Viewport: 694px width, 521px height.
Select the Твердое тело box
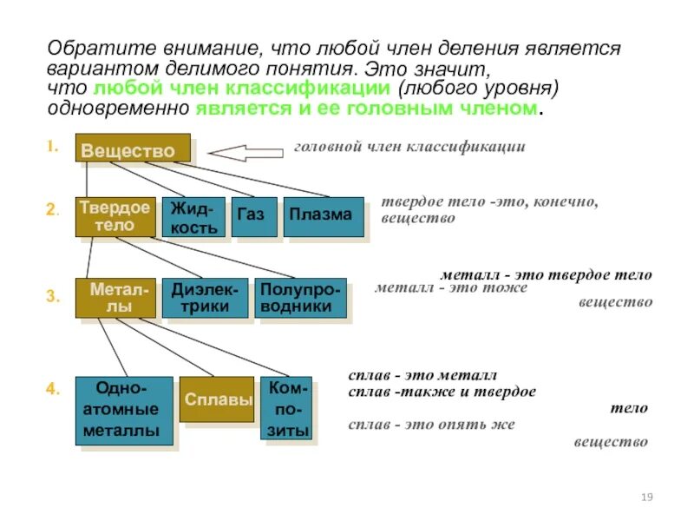tap(115, 216)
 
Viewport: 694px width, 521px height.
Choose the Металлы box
tap(115, 298)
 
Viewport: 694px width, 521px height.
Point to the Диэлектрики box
tap(205, 298)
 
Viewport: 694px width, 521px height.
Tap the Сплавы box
tap(217, 400)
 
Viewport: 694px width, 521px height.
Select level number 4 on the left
tap(52, 390)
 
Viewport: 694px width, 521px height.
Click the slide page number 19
tap(645, 497)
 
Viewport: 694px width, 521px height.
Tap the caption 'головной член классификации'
tap(409, 147)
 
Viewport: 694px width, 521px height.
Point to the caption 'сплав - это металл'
tap(422, 376)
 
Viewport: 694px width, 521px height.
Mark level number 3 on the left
tap(52, 297)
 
